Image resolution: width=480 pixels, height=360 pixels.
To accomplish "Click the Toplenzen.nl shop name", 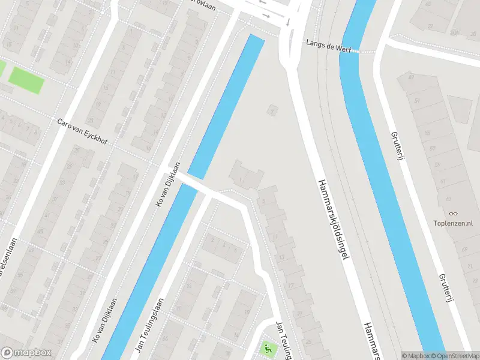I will (453, 224).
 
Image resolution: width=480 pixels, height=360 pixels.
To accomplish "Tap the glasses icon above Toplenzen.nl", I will (454, 213).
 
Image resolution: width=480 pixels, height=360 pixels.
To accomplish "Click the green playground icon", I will (265, 347).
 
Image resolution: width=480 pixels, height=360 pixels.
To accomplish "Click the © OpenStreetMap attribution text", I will (452, 356).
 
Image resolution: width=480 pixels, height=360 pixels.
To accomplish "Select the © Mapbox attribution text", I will (415, 356).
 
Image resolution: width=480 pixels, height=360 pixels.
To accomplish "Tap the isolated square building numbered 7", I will (273, 111).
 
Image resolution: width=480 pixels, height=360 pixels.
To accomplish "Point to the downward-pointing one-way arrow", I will (288, 23).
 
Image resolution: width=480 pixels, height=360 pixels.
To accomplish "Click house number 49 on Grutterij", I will (412, 77).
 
